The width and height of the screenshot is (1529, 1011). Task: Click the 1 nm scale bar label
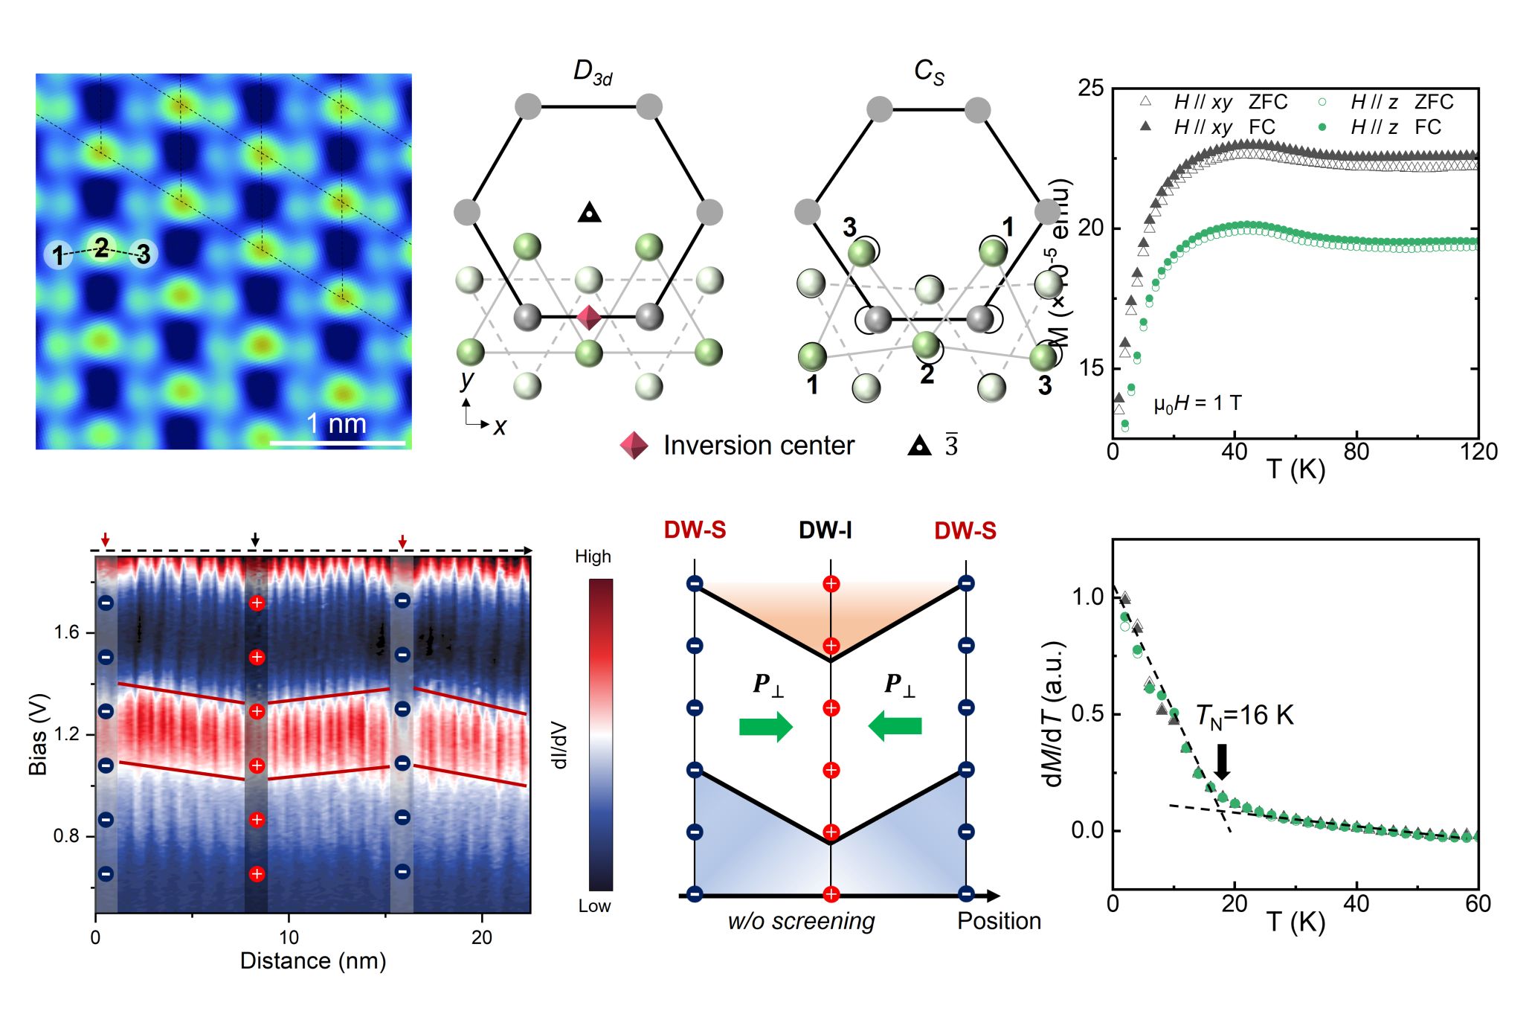coord(337,424)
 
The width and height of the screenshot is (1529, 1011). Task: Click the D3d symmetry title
coord(592,72)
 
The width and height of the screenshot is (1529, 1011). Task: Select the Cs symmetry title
coord(929,72)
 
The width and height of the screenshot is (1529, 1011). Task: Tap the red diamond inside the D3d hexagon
coord(589,318)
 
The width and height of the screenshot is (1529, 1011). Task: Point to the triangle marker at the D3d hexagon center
coord(589,214)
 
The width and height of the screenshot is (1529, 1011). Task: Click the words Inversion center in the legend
coord(759,446)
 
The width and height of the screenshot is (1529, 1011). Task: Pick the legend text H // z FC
coord(1395,127)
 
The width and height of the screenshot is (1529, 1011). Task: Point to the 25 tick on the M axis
coord(1091,89)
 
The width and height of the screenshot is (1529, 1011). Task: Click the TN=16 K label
coord(1244,716)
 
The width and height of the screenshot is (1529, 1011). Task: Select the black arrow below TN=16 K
coord(1221,760)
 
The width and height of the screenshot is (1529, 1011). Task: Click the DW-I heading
coord(825,530)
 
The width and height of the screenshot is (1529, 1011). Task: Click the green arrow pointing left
coord(895,725)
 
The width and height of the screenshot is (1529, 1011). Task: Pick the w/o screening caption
coord(801,921)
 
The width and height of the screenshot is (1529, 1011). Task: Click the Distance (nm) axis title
coord(313,961)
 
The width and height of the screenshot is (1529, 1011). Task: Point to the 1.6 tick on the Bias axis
coord(66,632)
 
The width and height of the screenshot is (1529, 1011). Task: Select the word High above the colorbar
coord(593,556)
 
